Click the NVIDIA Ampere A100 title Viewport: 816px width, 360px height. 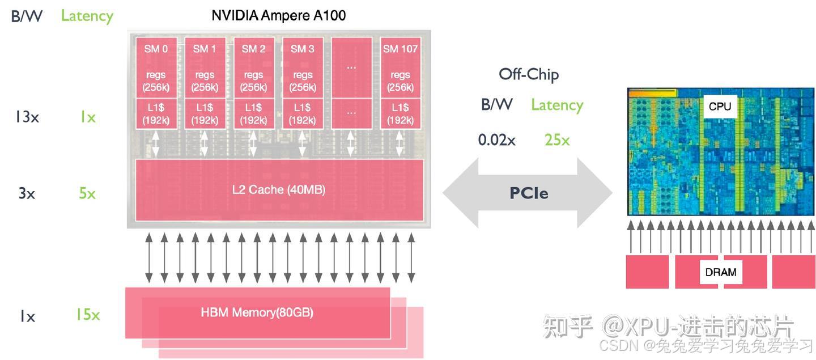[x=278, y=15]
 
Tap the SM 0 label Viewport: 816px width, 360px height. [x=156, y=49]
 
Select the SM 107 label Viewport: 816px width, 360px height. [x=400, y=49]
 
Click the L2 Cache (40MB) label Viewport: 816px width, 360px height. [x=279, y=190]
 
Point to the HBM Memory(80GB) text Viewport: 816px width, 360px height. [x=257, y=312]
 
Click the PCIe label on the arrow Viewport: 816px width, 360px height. [x=528, y=193]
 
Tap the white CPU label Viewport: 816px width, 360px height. [x=720, y=107]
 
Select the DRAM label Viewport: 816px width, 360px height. [x=720, y=272]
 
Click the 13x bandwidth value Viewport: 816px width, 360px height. [x=27, y=117]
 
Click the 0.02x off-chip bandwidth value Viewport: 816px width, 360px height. [x=496, y=140]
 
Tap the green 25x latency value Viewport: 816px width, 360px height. [x=557, y=140]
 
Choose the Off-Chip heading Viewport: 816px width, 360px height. [x=528, y=74]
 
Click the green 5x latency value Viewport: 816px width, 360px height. [x=87, y=194]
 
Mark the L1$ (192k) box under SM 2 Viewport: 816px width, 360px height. [x=253, y=113]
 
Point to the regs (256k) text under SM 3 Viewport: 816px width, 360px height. [x=303, y=81]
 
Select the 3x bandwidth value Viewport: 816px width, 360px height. [x=27, y=194]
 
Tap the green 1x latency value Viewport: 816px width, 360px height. [x=87, y=117]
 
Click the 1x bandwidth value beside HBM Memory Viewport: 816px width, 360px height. [x=27, y=316]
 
